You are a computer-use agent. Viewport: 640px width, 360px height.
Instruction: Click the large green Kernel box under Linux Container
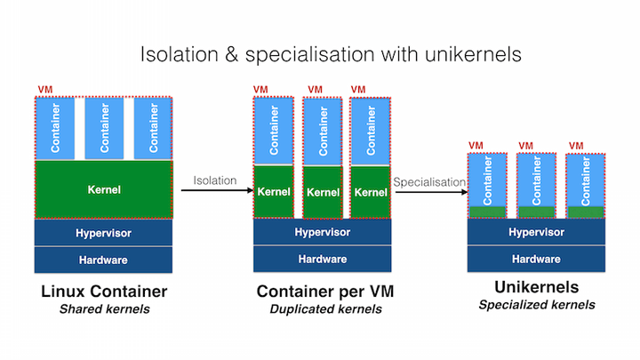coord(104,189)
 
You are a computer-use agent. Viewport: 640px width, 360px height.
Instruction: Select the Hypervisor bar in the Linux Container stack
coord(104,232)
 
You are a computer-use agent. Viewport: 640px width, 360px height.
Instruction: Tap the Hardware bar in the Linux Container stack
coord(104,260)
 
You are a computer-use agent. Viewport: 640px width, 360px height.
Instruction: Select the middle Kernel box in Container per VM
coord(321,191)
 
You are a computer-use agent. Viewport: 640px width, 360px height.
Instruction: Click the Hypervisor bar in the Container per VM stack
coord(322,232)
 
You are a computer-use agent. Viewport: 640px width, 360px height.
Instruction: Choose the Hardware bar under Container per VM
coord(322,260)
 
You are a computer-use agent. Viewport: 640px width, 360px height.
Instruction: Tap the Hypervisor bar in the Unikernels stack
coord(536,232)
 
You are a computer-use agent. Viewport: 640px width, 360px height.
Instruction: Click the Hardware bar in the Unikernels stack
coord(536,260)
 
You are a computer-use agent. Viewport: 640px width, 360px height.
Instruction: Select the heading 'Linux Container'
coord(104,292)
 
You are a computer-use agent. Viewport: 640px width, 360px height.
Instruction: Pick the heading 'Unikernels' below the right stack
coord(537,287)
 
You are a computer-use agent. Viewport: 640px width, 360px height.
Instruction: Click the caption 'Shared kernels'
coord(104,309)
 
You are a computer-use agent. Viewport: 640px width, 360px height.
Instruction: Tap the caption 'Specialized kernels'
coord(537,305)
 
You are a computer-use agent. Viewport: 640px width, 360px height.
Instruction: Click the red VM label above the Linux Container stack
coord(44,91)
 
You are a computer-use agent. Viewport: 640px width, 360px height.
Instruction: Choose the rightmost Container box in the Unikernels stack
coord(586,180)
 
